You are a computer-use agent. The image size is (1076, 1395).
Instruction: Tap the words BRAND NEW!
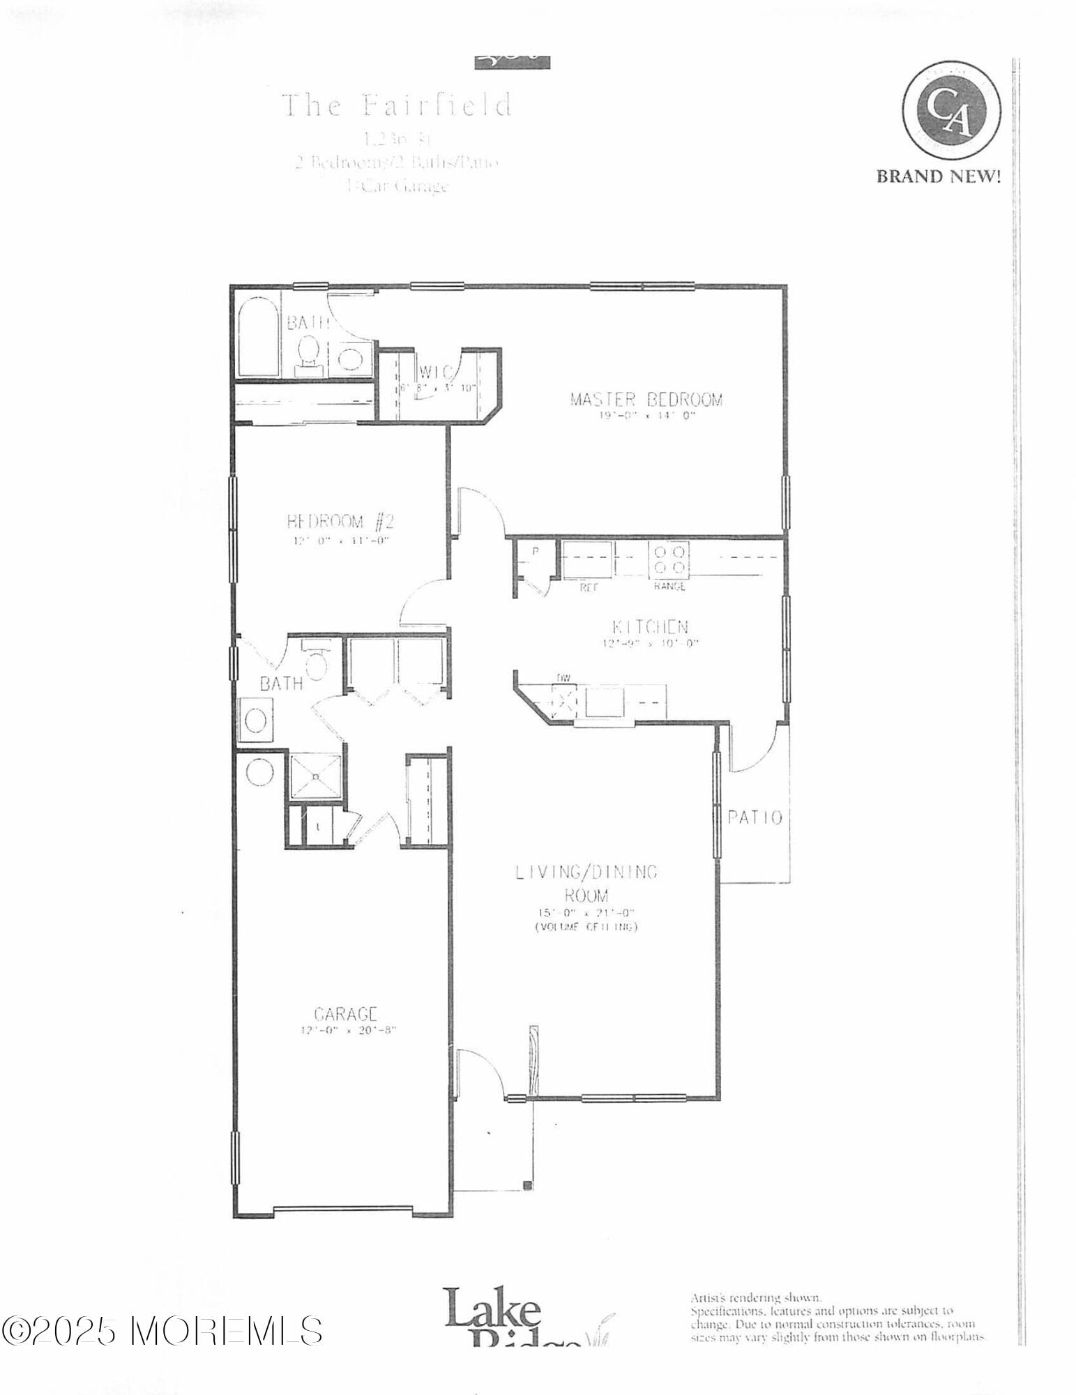938,176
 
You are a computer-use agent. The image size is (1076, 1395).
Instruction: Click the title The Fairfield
397,105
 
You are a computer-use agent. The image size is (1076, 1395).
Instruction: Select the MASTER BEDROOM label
646,400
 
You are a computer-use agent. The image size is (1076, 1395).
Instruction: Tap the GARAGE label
346,1013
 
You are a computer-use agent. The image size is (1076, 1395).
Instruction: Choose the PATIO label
755,817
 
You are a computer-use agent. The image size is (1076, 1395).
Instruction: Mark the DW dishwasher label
563,677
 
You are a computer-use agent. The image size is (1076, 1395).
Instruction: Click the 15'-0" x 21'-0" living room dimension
586,913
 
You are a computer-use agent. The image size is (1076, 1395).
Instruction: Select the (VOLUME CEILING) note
586,927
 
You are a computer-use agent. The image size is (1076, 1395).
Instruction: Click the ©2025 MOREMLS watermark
162,1331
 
